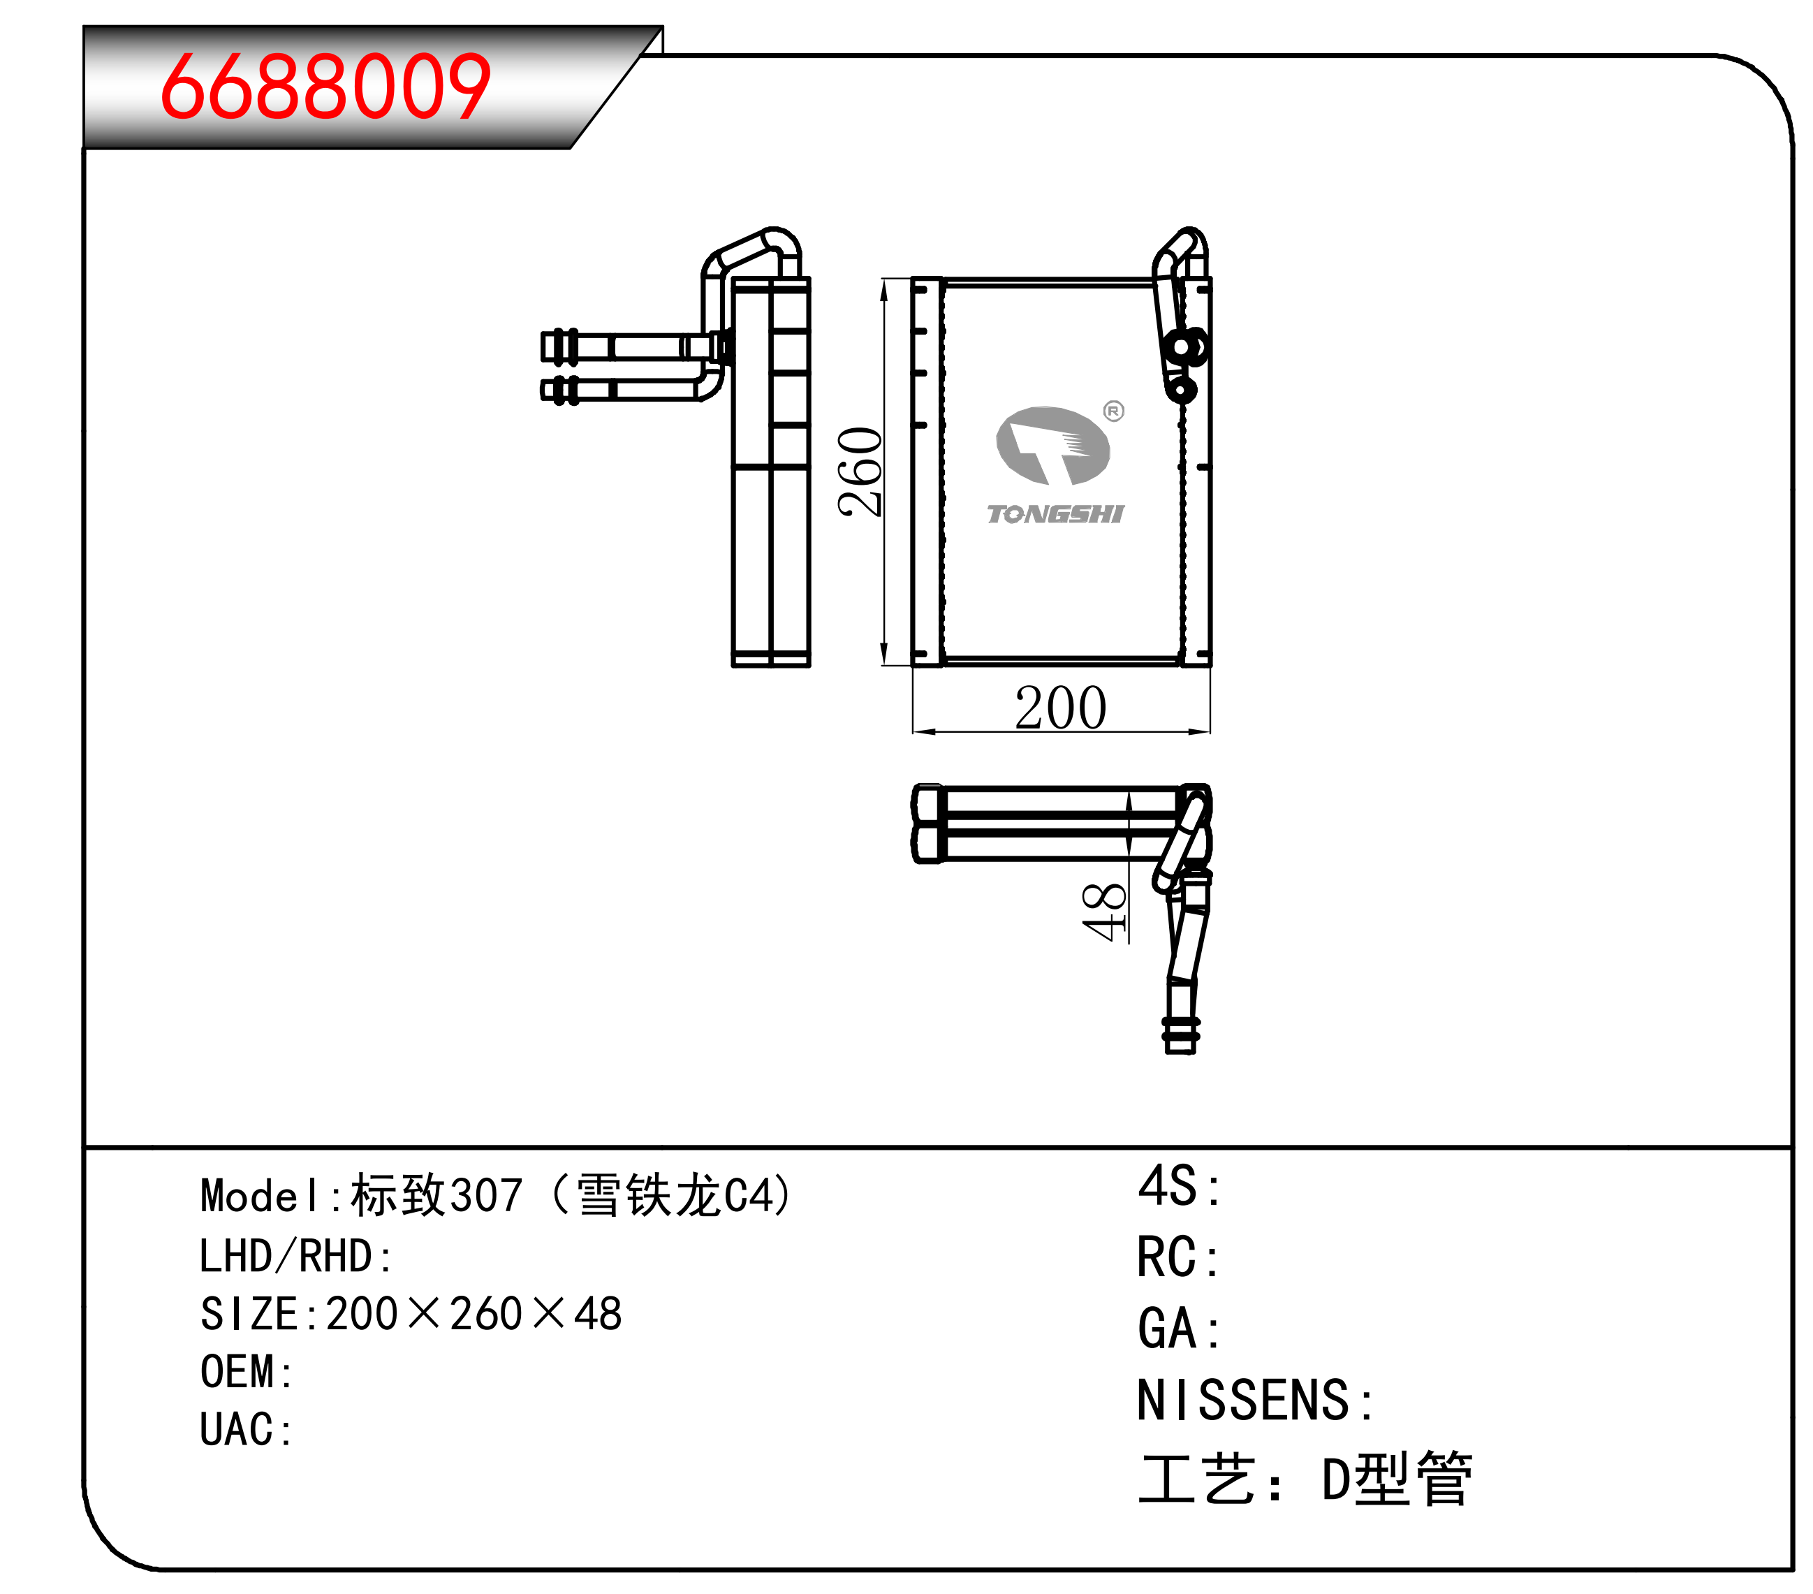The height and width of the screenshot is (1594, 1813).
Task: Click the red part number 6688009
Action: tap(325, 86)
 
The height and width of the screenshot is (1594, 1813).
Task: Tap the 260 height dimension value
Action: tap(860, 472)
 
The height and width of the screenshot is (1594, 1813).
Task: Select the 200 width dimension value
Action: tap(1061, 708)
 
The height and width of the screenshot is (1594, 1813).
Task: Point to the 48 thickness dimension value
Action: tap(1103, 912)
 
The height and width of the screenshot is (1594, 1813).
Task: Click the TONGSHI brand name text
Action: tap(1055, 515)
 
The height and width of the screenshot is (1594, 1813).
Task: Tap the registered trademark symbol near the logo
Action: tap(1114, 411)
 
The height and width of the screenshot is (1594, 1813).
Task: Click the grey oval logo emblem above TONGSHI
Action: tap(1053, 445)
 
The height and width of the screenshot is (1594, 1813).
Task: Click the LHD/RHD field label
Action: tap(296, 1256)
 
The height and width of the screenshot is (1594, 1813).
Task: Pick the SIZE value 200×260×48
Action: tap(474, 1314)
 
